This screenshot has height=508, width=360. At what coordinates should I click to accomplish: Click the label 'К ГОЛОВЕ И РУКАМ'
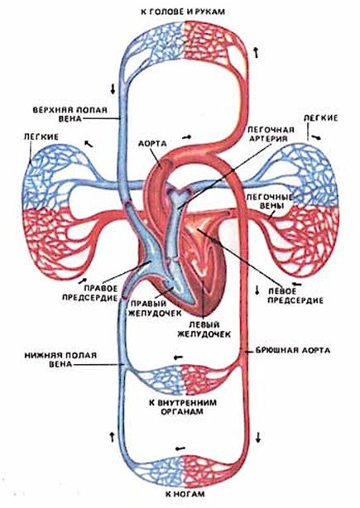click(x=183, y=12)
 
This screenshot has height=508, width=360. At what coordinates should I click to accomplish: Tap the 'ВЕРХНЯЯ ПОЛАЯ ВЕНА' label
click(x=70, y=114)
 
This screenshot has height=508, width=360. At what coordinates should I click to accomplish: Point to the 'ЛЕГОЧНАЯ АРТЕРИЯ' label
click(x=271, y=134)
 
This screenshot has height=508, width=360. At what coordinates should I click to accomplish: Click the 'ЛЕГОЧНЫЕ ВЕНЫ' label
click(x=270, y=202)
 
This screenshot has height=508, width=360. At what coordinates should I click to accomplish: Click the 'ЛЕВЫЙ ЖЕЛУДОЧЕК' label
click(x=204, y=329)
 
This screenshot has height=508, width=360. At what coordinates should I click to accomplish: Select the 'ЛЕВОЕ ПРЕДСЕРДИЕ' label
click(x=295, y=295)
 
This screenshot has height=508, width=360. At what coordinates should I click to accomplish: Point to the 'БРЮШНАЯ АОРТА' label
click(x=293, y=351)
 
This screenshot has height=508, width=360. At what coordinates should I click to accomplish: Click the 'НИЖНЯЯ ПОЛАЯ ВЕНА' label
click(x=60, y=360)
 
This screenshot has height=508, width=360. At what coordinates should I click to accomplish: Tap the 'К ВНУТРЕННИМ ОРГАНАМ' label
click(x=182, y=407)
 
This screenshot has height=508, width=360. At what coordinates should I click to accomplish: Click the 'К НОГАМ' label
click(x=185, y=494)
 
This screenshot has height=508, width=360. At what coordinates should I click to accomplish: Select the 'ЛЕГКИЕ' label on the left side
click(x=41, y=137)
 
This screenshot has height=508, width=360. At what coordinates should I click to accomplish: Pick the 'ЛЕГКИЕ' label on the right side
click(x=320, y=118)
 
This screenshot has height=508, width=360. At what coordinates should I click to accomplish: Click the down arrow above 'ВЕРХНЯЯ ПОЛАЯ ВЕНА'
click(x=113, y=89)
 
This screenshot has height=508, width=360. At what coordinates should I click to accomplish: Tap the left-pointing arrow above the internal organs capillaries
click(x=178, y=357)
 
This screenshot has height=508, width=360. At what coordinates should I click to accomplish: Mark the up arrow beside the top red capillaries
click(x=257, y=52)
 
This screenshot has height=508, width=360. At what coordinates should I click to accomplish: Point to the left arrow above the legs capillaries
click(x=180, y=448)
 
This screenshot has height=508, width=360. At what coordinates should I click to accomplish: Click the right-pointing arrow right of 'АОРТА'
click(x=187, y=137)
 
